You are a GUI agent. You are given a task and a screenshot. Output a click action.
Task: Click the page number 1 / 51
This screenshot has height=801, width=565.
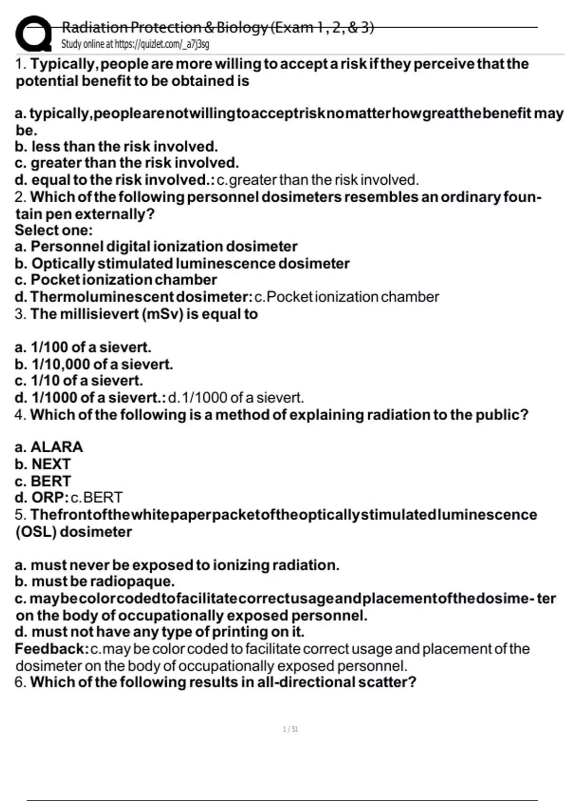tap(290, 729)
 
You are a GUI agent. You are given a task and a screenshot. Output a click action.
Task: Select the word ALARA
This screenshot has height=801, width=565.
tap(56, 447)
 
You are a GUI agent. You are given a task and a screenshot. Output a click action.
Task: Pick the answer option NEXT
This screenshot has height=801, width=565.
tap(51, 464)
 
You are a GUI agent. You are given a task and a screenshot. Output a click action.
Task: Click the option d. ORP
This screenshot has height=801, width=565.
tap(41, 498)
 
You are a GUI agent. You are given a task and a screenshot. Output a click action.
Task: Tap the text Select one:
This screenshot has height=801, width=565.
tap(54, 230)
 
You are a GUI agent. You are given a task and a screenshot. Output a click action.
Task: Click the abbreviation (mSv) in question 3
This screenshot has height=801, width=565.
tap(161, 314)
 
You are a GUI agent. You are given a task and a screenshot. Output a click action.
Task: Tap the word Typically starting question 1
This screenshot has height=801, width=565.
tap(63, 64)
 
